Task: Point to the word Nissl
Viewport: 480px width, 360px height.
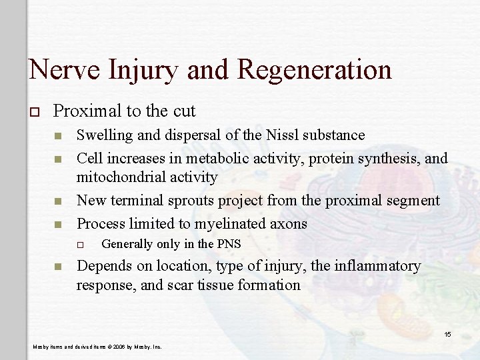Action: point(282,135)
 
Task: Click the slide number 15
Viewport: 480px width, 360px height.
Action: point(449,333)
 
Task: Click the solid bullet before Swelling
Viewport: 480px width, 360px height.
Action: point(58,136)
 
